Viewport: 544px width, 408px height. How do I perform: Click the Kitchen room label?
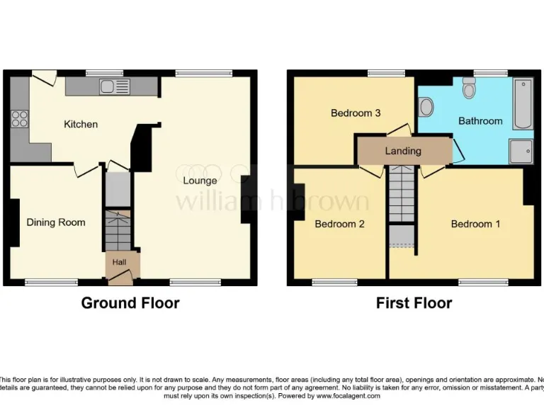[x=81, y=125]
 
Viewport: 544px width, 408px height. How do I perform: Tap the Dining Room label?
[x=56, y=222]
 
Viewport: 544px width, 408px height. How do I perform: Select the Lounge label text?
[x=200, y=181]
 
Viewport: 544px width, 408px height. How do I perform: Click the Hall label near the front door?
[x=119, y=263]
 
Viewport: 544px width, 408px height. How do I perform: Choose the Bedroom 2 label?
[x=339, y=225]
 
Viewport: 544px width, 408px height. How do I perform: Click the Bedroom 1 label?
[x=475, y=225]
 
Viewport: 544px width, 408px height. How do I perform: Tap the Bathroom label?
[x=480, y=121]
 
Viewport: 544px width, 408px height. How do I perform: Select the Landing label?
[x=403, y=151]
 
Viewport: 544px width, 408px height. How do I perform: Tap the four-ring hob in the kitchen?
[x=19, y=119]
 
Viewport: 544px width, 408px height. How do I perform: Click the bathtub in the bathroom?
[x=523, y=104]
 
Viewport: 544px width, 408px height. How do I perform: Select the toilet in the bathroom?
[x=469, y=88]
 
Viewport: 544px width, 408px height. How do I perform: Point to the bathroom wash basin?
[x=426, y=107]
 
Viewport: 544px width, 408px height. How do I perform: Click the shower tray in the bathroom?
[x=521, y=151]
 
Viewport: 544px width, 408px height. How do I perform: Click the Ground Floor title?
[x=130, y=303]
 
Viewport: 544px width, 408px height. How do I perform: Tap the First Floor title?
[x=414, y=303]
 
